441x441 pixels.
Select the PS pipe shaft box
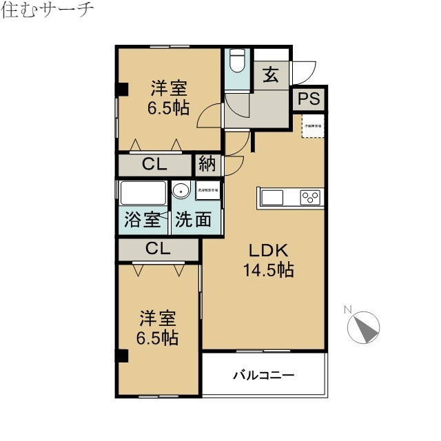click(309, 99)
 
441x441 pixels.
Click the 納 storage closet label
click(207, 164)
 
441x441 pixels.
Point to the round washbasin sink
click(181, 191)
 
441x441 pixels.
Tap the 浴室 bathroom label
click(142, 220)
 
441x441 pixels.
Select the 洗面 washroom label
click(193, 220)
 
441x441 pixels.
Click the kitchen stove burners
click(309, 198)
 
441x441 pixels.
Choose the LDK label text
click(267, 249)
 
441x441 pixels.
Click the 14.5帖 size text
click(267, 269)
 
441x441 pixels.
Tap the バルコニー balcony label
click(263, 376)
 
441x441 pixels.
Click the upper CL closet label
click(156, 164)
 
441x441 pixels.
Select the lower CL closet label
click(158, 249)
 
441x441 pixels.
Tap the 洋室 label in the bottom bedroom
click(158, 319)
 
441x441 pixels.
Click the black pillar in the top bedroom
click(122, 89)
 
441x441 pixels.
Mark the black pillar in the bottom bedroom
click(122, 356)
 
